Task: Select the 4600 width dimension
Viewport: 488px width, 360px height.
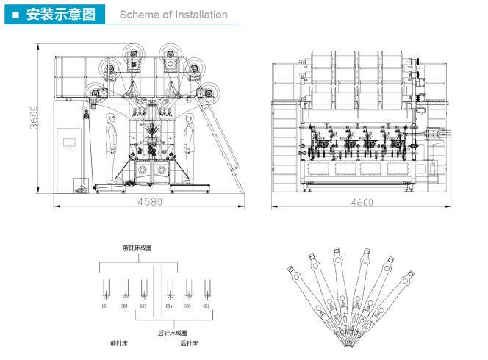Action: tap(362, 201)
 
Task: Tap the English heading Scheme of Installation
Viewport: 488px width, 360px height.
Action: tap(173, 14)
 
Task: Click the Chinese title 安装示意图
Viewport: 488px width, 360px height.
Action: tap(60, 14)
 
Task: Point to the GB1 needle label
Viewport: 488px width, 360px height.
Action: tap(105, 306)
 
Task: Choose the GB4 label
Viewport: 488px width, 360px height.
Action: tap(169, 306)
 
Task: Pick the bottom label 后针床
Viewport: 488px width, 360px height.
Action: tap(188, 342)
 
